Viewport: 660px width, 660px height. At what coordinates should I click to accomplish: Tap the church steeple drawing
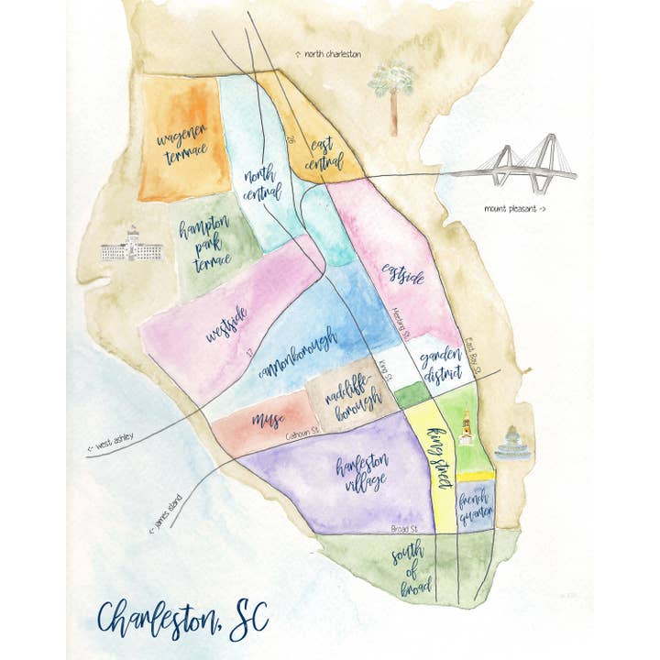pyautogui.click(x=467, y=425)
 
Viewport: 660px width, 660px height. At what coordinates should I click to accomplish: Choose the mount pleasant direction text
pyautogui.click(x=515, y=209)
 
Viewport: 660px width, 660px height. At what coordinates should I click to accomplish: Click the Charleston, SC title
pyautogui.click(x=182, y=616)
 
